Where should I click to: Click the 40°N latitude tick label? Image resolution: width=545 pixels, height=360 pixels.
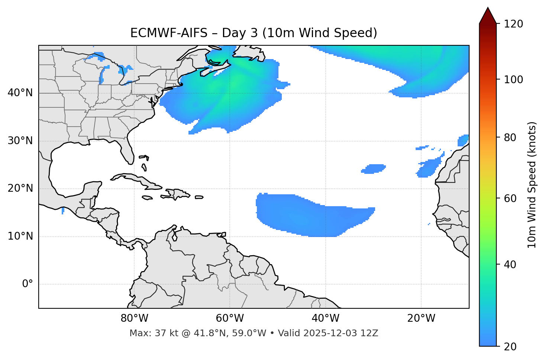tap(20, 93)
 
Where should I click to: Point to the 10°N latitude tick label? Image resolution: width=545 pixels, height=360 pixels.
tap(20, 236)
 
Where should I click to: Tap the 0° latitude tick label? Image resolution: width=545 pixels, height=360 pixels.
tap(27, 284)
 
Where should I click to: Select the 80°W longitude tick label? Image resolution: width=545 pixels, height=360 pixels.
tap(134, 318)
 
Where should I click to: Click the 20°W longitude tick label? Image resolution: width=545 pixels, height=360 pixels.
tap(421, 318)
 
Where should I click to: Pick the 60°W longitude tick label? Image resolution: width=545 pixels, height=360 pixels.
tap(230, 318)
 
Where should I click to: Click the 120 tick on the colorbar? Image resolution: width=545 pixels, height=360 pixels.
tap(513, 24)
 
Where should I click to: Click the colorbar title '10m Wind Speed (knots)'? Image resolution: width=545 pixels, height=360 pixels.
tap(532, 185)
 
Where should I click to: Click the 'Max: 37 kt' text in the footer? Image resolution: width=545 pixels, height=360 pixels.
tap(145, 333)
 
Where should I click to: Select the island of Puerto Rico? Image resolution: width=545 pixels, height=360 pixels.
tap(199, 197)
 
